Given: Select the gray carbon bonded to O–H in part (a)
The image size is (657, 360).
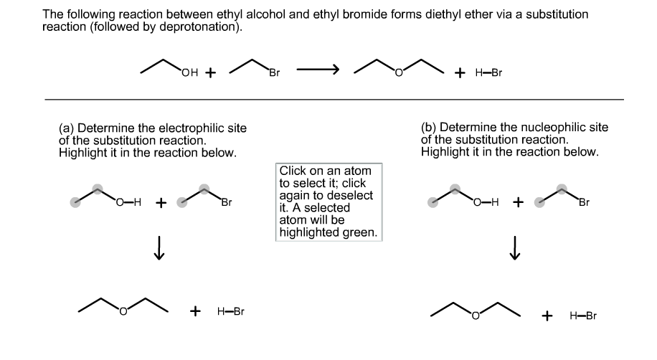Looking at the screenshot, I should point(98,190).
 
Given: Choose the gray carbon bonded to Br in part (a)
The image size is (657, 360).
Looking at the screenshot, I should point(204,190).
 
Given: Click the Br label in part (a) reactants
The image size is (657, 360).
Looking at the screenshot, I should point(226,203).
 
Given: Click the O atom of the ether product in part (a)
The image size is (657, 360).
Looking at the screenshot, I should point(123,312).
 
